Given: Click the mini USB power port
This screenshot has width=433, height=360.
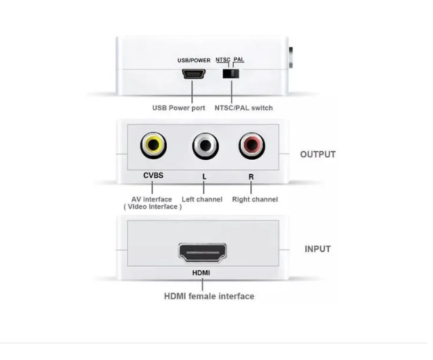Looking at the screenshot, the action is click(194, 74).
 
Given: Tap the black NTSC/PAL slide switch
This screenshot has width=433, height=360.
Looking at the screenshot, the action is click(231, 74).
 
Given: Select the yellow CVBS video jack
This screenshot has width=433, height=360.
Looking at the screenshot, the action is click(154, 145).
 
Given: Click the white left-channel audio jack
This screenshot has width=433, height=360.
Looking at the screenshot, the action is click(206, 146).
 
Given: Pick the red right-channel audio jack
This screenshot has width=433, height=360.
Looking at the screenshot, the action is click(252, 145).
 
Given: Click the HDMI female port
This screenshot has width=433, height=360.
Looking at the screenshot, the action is click(202, 252).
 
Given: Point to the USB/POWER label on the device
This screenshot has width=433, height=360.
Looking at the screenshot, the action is click(194, 60).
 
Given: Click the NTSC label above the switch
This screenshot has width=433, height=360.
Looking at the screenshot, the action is click(223, 60).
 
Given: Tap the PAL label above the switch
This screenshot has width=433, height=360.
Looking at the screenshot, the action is click(239, 59).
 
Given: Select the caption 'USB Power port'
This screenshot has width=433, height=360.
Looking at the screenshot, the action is click(179, 108).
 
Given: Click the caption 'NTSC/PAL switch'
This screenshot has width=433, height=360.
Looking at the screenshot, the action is click(243, 108).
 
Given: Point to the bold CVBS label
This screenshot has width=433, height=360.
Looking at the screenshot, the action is click(154, 175).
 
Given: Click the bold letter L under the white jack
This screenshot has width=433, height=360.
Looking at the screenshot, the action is click(204, 177).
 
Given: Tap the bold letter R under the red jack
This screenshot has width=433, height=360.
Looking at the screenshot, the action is click(251, 177).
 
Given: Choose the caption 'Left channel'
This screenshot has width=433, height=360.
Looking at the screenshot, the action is click(202, 199).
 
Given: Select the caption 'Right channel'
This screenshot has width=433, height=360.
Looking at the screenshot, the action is click(255, 199).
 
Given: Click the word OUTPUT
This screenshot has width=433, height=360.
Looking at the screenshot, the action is click(318, 154).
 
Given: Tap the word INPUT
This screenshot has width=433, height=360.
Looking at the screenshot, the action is click(318, 249).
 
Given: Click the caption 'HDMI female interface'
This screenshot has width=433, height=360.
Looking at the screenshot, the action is click(209, 296).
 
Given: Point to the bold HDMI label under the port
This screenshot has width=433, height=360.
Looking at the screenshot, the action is click(201, 272).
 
